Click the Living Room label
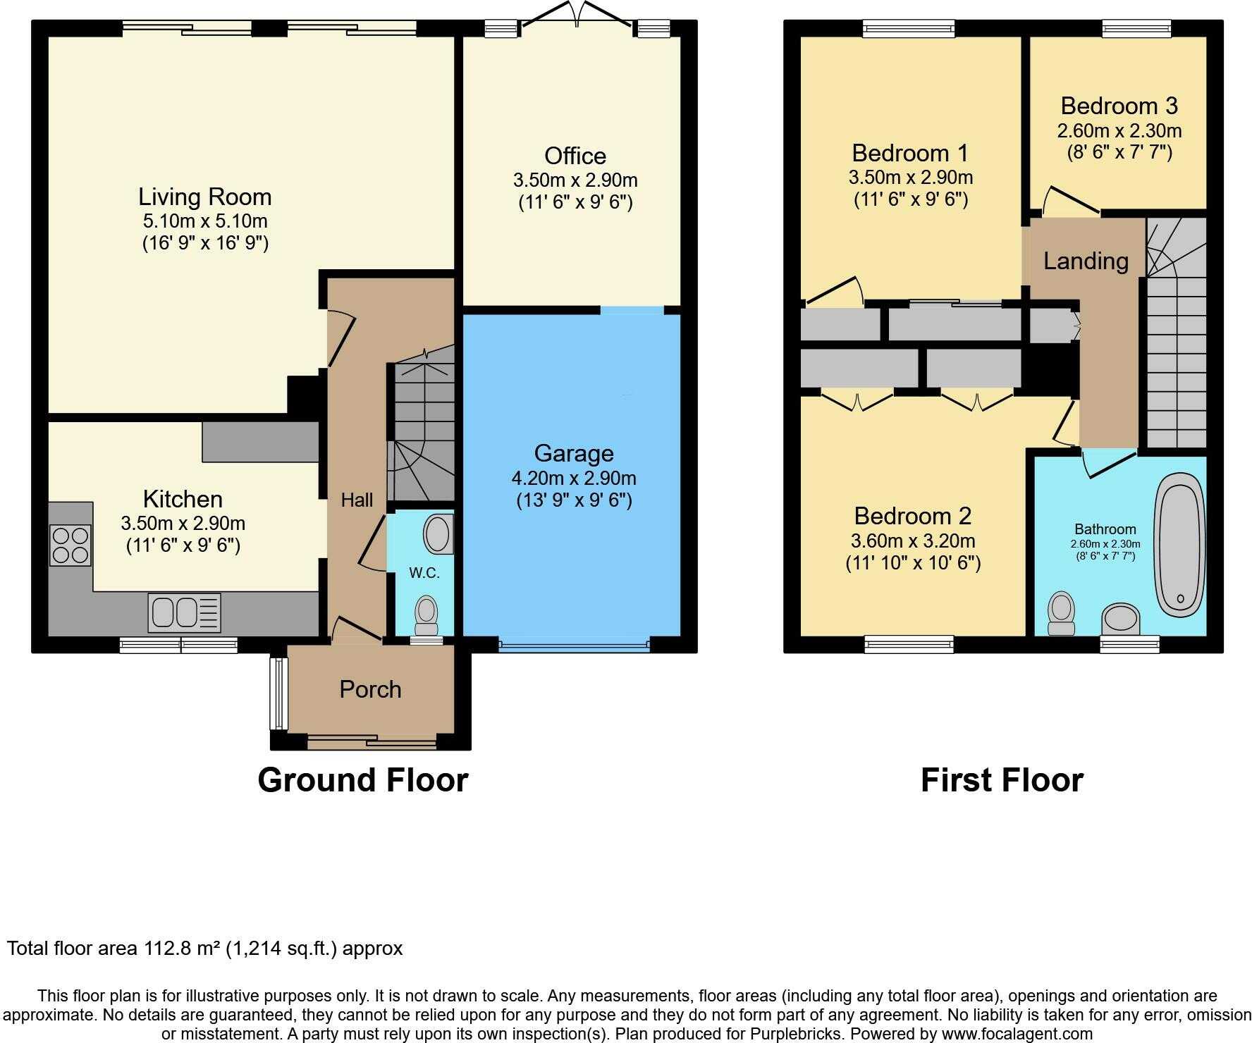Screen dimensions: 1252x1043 (204, 197)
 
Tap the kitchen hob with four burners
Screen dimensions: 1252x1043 (70, 545)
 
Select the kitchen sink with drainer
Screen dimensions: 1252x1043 (184, 612)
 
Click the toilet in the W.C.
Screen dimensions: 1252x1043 (426, 615)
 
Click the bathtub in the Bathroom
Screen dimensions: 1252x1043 (1179, 543)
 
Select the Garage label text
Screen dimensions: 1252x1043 (574, 452)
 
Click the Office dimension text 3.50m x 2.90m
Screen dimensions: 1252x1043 (575, 180)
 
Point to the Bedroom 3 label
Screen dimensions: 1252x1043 (1119, 106)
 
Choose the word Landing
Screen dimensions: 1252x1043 (1086, 261)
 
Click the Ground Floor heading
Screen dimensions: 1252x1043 (363, 780)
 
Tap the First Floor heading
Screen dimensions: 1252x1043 (1002, 780)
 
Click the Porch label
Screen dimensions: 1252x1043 (370, 689)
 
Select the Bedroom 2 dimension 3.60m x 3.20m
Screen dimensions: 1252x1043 (913, 541)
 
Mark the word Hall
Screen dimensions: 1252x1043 (357, 500)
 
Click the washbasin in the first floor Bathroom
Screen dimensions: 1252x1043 (1121, 618)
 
